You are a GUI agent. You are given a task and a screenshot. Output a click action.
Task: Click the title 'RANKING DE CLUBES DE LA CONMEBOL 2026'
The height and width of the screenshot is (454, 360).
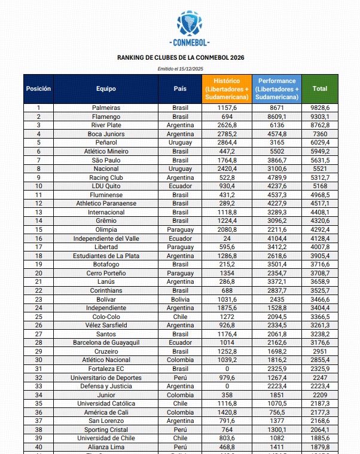[x=180, y=58]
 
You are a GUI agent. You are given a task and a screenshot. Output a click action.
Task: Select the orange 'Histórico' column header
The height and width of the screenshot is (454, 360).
[x=227, y=88]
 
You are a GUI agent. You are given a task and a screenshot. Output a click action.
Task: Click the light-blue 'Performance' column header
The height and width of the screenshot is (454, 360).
[x=277, y=88]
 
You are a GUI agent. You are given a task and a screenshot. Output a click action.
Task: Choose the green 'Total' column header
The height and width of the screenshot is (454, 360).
[x=320, y=88]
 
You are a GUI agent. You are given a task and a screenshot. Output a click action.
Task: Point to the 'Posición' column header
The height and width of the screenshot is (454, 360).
[x=38, y=88]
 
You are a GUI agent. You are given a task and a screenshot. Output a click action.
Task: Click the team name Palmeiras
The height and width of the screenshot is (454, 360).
[x=106, y=108]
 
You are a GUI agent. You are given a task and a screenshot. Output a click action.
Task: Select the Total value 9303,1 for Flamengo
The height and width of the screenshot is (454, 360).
[x=320, y=116]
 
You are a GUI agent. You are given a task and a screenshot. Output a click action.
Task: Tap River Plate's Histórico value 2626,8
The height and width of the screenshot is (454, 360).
[x=227, y=125]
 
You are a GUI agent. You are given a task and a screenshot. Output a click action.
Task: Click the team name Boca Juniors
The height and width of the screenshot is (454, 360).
[x=106, y=134]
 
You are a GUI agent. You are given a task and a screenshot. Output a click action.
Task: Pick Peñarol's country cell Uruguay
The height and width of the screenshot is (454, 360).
[x=180, y=143]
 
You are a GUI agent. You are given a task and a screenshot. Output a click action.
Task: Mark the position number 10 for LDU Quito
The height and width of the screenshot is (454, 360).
[x=38, y=186]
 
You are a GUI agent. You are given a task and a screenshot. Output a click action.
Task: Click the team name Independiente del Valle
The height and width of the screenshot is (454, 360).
[x=106, y=238]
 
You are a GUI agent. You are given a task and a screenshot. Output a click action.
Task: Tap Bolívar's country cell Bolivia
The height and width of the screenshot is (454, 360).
[x=180, y=299]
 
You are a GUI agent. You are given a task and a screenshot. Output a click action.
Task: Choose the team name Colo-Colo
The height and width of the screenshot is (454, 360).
[x=106, y=317]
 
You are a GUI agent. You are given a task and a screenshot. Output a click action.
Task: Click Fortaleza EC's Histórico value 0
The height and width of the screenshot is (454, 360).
[x=227, y=369]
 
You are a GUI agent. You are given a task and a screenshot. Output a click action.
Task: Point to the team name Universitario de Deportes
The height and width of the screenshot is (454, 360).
[x=106, y=378]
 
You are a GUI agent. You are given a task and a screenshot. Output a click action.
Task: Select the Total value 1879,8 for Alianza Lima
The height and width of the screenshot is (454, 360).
[x=320, y=447]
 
